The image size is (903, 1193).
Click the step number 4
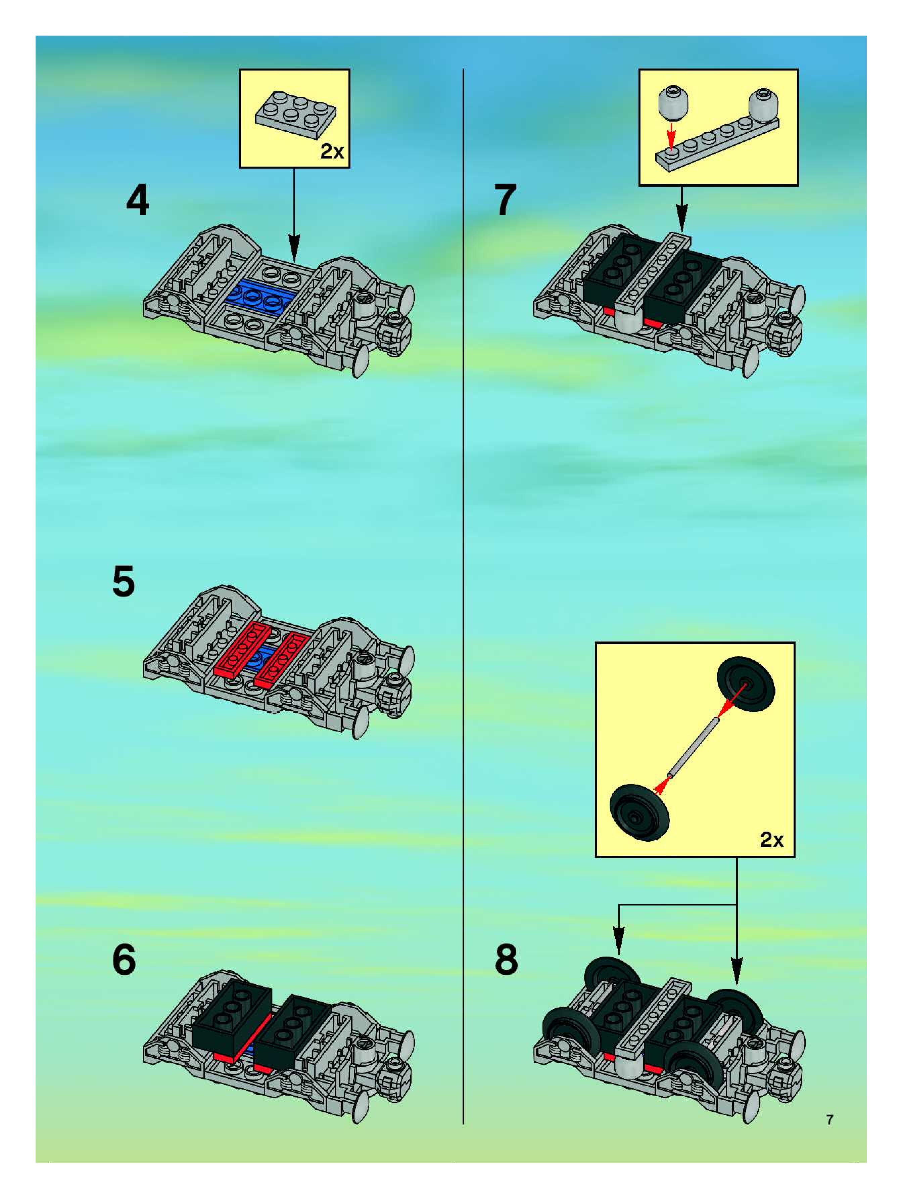pyautogui.click(x=138, y=200)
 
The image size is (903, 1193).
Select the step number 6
pyautogui.click(x=124, y=960)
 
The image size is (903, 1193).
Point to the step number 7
pyautogui.click(x=505, y=200)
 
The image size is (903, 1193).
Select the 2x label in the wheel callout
pyautogui.click(x=771, y=840)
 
